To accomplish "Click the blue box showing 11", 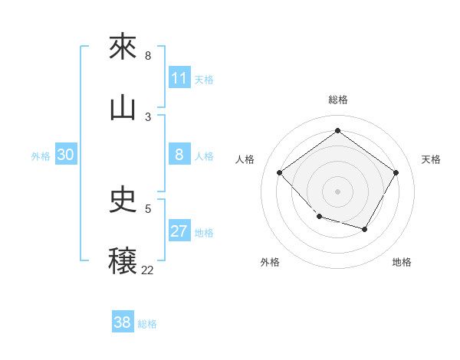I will [x=179, y=78].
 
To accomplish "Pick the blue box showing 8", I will [x=179, y=155].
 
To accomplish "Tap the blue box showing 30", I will [x=66, y=155].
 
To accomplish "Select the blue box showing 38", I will [x=123, y=322].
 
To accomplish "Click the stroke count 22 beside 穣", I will [x=148, y=270].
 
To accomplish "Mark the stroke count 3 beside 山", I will [x=148, y=116].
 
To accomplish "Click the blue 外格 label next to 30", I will [x=41, y=156].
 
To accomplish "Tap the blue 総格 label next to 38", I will [x=147, y=323].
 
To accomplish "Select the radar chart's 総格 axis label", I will [x=337, y=100].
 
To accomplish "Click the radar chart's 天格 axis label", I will [x=431, y=159].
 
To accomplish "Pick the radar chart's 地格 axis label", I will [x=402, y=262].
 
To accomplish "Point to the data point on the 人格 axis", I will [x=280, y=172].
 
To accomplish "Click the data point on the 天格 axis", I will [x=396, y=172].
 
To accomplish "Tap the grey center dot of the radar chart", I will [x=337, y=191].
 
